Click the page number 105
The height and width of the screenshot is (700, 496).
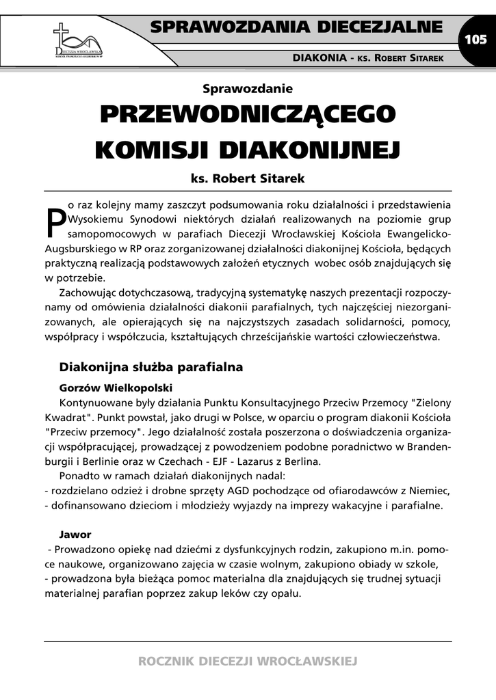(475, 39)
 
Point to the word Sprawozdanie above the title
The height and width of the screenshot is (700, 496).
(248, 88)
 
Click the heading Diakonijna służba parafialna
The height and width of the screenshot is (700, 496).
(151, 367)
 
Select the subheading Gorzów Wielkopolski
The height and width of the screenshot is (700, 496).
(111, 387)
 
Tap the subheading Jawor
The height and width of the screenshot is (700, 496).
(75, 534)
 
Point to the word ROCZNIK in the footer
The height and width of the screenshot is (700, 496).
(164, 661)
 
